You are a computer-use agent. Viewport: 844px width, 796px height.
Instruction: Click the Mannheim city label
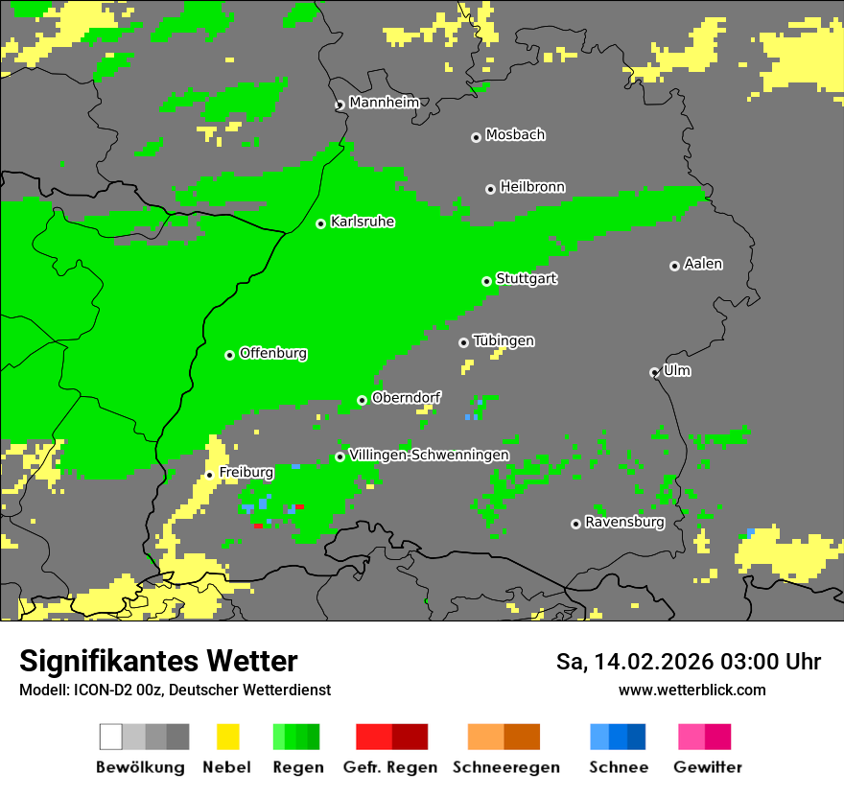coord(384,103)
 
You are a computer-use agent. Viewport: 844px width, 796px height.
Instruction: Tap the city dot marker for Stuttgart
coord(487,281)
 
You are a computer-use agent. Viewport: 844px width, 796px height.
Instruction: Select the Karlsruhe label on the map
coord(363,222)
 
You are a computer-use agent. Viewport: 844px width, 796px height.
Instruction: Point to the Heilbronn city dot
coord(490,189)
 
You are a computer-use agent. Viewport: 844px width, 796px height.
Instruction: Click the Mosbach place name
coord(515,135)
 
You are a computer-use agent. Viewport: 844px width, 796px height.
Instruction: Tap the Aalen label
coord(703,264)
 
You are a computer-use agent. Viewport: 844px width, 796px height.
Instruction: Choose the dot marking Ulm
coord(654,372)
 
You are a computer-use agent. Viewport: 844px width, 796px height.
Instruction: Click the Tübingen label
coord(504,340)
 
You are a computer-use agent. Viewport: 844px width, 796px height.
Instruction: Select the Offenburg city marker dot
coord(229,355)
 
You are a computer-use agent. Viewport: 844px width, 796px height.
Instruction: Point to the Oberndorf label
coord(406,397)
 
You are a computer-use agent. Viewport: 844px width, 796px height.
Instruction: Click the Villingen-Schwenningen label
coord(429,455)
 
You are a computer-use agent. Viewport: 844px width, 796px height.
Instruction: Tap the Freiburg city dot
coord(209,475)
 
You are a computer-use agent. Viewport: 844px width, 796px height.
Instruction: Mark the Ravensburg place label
coord(624,523)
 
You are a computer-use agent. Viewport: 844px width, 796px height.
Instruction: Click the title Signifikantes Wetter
coord(158,661)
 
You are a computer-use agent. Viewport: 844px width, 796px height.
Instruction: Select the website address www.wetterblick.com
coord(692,690)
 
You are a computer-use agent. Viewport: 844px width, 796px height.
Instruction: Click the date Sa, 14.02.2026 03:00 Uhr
coord(688,662)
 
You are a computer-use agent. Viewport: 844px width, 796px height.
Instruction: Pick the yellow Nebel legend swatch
coord(227,737)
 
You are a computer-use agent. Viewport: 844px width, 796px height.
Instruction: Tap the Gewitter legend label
coord(707,767)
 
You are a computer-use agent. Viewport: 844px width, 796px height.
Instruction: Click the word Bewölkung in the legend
coord(140,767)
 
